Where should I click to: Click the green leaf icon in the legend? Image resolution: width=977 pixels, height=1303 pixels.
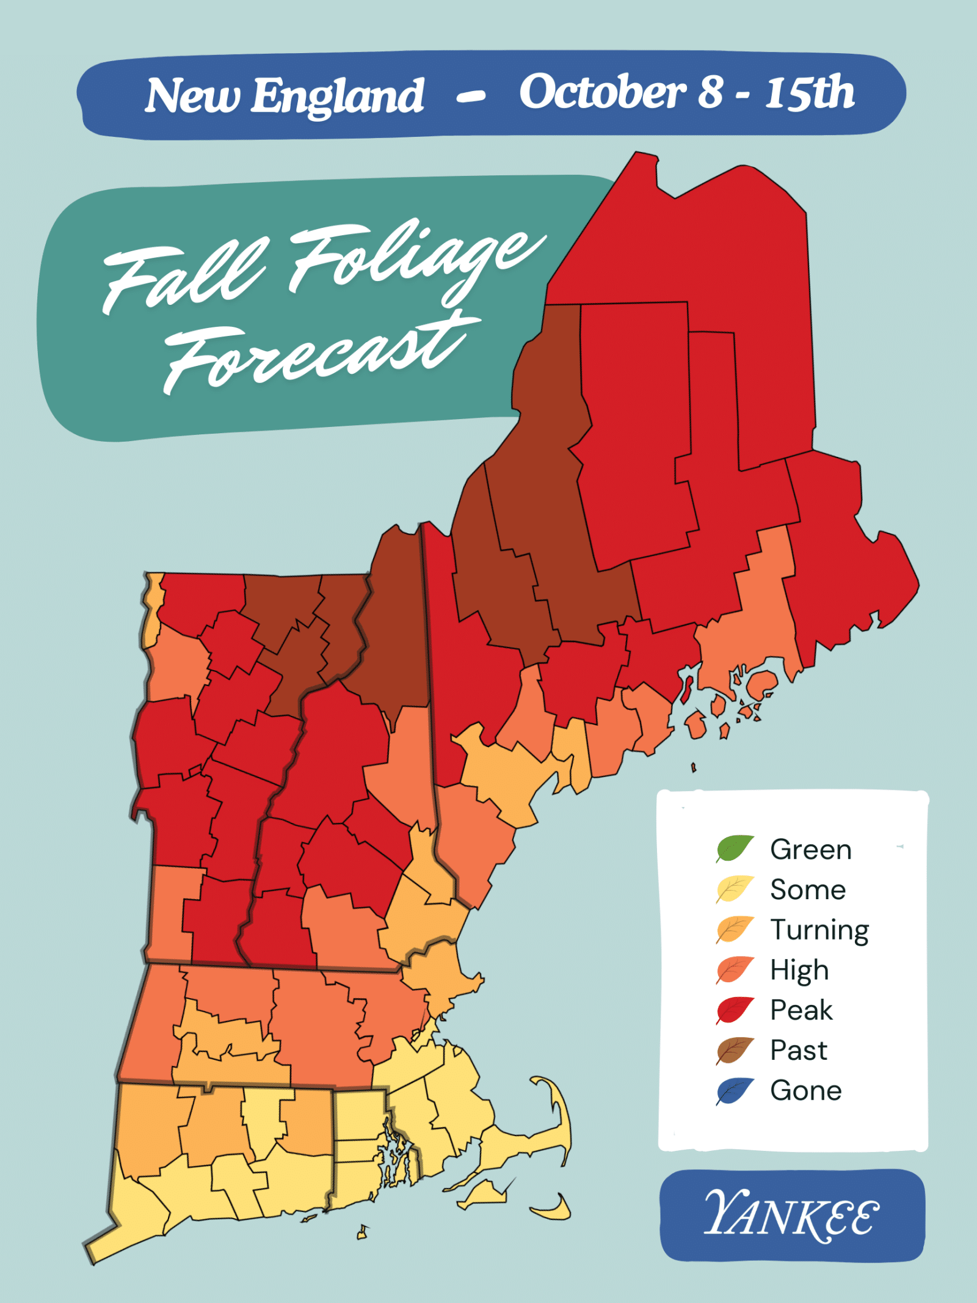click(x=735, y=849)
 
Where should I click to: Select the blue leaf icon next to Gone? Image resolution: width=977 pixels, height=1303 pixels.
click(x=735, y=1091)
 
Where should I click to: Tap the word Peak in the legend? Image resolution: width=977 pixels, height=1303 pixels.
click(x=801, y=1010)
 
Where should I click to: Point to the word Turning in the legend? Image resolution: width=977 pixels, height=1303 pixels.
click(x=819, y=930)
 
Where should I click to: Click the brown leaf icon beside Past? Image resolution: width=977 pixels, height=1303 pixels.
click(x=735, y=1050)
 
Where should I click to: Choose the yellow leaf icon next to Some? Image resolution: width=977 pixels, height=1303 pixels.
click(x=735, y=889)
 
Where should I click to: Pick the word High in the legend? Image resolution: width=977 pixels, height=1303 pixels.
click(x=799, y=970)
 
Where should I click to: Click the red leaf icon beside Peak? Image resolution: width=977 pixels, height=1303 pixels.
click(x=735, y=1010)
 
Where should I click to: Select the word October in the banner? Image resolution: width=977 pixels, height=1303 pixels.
click(x=603, y=93)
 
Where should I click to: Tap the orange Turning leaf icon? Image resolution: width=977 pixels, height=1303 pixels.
click(x=735, y=929)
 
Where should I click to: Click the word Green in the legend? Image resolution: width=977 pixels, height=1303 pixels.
click(x=811, y=849)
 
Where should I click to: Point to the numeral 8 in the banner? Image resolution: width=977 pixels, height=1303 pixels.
click(x=711, y=93)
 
